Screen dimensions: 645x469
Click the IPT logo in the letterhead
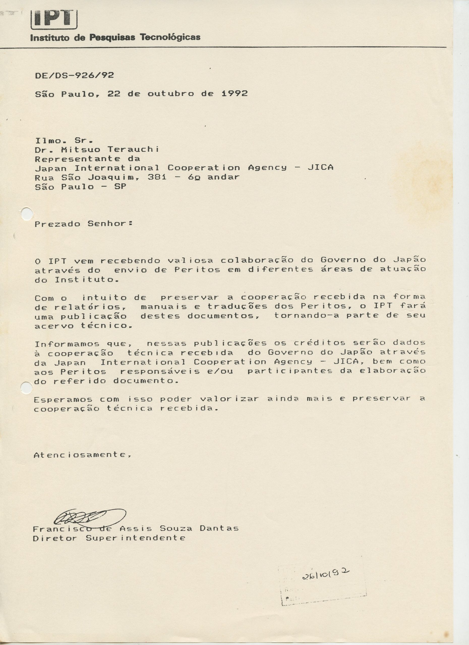click(54, 19)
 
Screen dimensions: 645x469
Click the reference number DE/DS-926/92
click(74, 75)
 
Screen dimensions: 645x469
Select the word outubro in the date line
click(171, 93)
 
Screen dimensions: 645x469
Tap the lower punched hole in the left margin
click(27, 388)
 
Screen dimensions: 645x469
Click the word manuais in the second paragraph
click(164, 306)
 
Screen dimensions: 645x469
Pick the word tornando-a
click(306, 316)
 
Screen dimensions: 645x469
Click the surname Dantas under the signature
click(219, 528)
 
